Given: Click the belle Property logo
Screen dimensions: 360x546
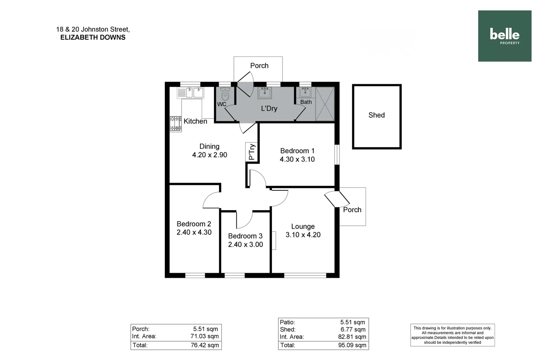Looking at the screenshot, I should [504, 36].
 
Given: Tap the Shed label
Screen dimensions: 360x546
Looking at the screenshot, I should [377, 115].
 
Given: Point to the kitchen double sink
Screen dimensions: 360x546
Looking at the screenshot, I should [194, 92].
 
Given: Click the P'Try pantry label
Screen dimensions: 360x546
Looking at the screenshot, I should [252, 152].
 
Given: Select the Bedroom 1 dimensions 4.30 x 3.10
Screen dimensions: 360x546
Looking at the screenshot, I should [297, 159].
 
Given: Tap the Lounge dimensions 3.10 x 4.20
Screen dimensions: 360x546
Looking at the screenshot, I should [303, 235].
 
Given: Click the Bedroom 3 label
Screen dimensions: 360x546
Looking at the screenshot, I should [245, 236].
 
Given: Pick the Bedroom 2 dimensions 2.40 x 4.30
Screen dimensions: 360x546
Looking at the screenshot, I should [194, 232].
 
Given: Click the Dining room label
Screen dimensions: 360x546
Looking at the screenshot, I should [209, 146].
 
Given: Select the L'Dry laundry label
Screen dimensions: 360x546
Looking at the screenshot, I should [269, 108].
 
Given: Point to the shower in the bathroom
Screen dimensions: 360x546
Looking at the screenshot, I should [325, 104].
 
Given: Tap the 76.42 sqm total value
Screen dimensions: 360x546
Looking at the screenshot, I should [205, 345].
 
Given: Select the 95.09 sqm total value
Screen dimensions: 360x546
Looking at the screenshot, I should [352, 345].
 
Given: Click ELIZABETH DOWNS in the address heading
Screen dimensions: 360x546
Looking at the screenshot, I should [93, 37].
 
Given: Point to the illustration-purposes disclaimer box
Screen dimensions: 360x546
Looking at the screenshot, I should [452, 335].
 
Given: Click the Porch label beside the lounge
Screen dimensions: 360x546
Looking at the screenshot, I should [352, 210].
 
